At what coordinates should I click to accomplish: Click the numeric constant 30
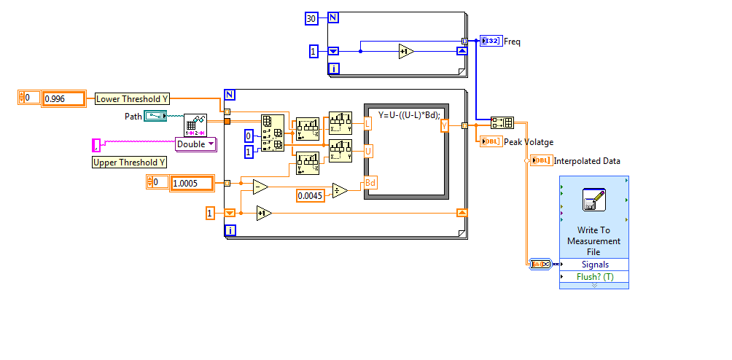tap(311, 18)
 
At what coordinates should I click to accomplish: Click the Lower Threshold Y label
tap(132, 98)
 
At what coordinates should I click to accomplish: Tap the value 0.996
tap(63, 98)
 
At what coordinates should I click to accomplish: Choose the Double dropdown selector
tap(196, 144)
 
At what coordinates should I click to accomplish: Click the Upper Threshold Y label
tap(129, 163)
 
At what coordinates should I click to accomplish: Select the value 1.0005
tap(191, 183)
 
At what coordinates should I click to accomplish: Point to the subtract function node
tap(260, 187)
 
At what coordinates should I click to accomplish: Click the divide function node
tap(340, 190)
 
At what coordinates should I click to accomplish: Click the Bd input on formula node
tap(370, 183)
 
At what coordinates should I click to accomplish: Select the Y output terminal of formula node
tap(444, 126)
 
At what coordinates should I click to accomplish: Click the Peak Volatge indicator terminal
tap(491, 141)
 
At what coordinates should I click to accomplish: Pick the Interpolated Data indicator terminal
tap(541, 160)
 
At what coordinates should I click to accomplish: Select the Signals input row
tap(594, 265)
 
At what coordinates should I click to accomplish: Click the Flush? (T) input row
tap(594, 277)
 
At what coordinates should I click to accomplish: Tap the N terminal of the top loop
tap(333, 17)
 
